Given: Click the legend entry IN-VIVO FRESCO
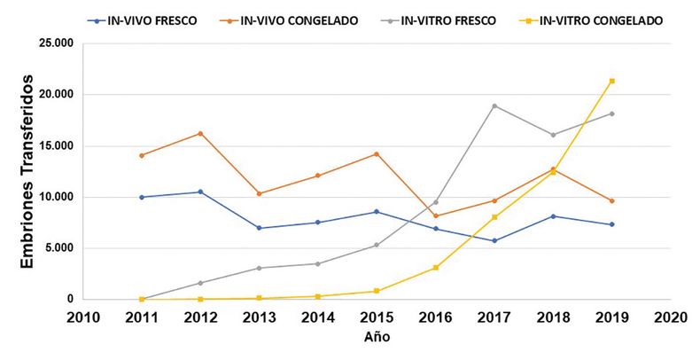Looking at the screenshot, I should point(152,20).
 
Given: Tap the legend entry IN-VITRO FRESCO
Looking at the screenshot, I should point(455,20).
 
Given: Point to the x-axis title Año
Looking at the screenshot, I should point(377,337).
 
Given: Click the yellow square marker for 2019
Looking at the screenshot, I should point(612,81).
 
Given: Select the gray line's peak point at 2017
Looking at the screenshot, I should point(494,106).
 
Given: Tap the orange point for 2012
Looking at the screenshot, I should point(200,133).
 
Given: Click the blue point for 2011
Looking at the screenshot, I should point(142,197).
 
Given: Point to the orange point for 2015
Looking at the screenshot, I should point(377,153).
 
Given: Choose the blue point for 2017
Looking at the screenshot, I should point(494,240).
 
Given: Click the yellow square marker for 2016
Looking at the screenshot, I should point(436,267).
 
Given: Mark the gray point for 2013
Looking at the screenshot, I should point(259,268).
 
